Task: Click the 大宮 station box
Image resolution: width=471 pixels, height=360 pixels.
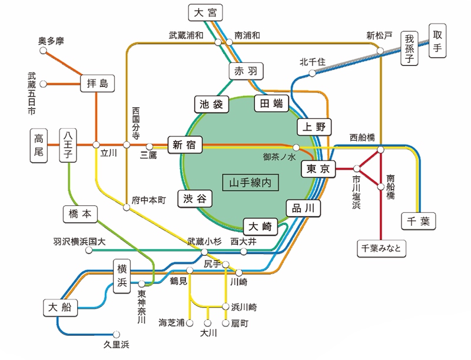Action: pyautogui.click(x=205, y=12)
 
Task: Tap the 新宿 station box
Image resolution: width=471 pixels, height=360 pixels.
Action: pyautogui.click(x=185, y=145)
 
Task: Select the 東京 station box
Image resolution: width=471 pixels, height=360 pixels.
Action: pyautogui.click(x=318, y=169)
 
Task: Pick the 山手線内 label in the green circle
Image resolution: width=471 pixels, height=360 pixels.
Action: pyautogui.click(x=250, y=182)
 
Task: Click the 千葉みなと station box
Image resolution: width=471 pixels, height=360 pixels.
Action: pyautogui.click(x=381, y=248)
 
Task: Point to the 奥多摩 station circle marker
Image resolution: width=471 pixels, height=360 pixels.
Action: pyautogui.click(x=43, y=51)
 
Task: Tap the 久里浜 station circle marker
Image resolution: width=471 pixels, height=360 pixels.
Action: pyautogui.click(x=116, y=334)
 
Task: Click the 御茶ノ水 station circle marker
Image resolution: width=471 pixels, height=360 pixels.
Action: pyautogui.click(x=296, y=147)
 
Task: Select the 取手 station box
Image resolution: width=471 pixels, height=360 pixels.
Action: pyautogui.click(x=437, y=41)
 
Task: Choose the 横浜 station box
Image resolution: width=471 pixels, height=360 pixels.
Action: pyautogui.click(x=122, y=276)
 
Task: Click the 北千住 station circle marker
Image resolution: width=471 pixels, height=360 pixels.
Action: pyautogui.click(x=313, y=73)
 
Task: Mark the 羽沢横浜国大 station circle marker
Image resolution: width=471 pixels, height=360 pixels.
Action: pyautogui.click(x=89, y=250)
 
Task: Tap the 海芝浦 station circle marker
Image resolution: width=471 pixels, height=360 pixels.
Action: pyautogui.click(x=190, y=323)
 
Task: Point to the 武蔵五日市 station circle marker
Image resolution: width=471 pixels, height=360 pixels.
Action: pyautogui.click(x=43, y=84)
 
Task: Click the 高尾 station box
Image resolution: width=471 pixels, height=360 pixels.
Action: pyautogui.click(x=39, y=145)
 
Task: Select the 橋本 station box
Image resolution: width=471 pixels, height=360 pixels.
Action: pyautogui.click(x=80, y=214)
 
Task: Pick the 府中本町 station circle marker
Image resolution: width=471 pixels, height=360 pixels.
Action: pyautogui.click(x=127, y=207)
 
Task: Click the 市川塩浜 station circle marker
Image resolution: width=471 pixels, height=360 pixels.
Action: pyautogui.click(x=357, y=168)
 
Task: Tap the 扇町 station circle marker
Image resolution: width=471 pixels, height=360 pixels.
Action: pyautogui.click(x=225, y=323)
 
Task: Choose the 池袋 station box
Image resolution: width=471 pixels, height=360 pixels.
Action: pyautogui.click(x=211, y=104)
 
